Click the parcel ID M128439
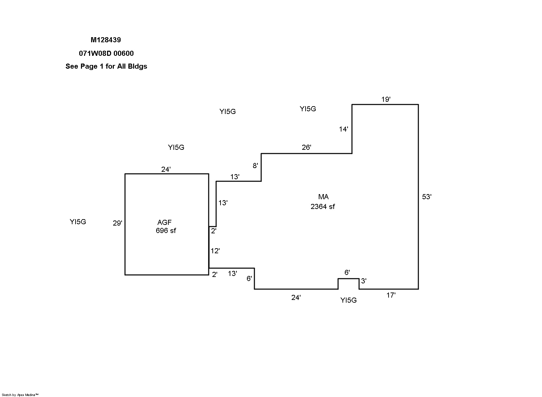[106, 40]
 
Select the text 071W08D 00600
[106, 53]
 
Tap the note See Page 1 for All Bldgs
[106, 66]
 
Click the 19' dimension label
[386, 99]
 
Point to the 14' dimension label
[343, 129]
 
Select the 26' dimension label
[307, 147]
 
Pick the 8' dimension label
[255, 166]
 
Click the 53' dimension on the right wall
[427, 197]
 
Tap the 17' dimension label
[391, 296]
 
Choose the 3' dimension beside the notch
[364, 281]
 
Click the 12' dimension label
[215, 251]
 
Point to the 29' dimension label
[118, 223]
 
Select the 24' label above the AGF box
[166, 170]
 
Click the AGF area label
[165, 223]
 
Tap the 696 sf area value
[166, 231]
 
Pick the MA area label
[324, 197]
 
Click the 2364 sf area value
[323, 207]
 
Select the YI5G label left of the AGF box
[78, 222]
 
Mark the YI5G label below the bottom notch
[349, 300]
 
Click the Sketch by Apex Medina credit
[20, 395]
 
